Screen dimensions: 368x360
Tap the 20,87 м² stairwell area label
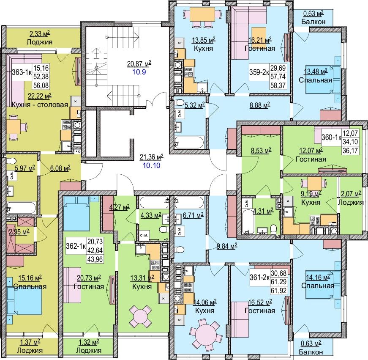139,64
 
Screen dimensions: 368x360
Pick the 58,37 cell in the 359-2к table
278,85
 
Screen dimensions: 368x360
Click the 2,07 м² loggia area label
351,194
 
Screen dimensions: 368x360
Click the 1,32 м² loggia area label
89,342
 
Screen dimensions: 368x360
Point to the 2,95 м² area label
18,232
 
